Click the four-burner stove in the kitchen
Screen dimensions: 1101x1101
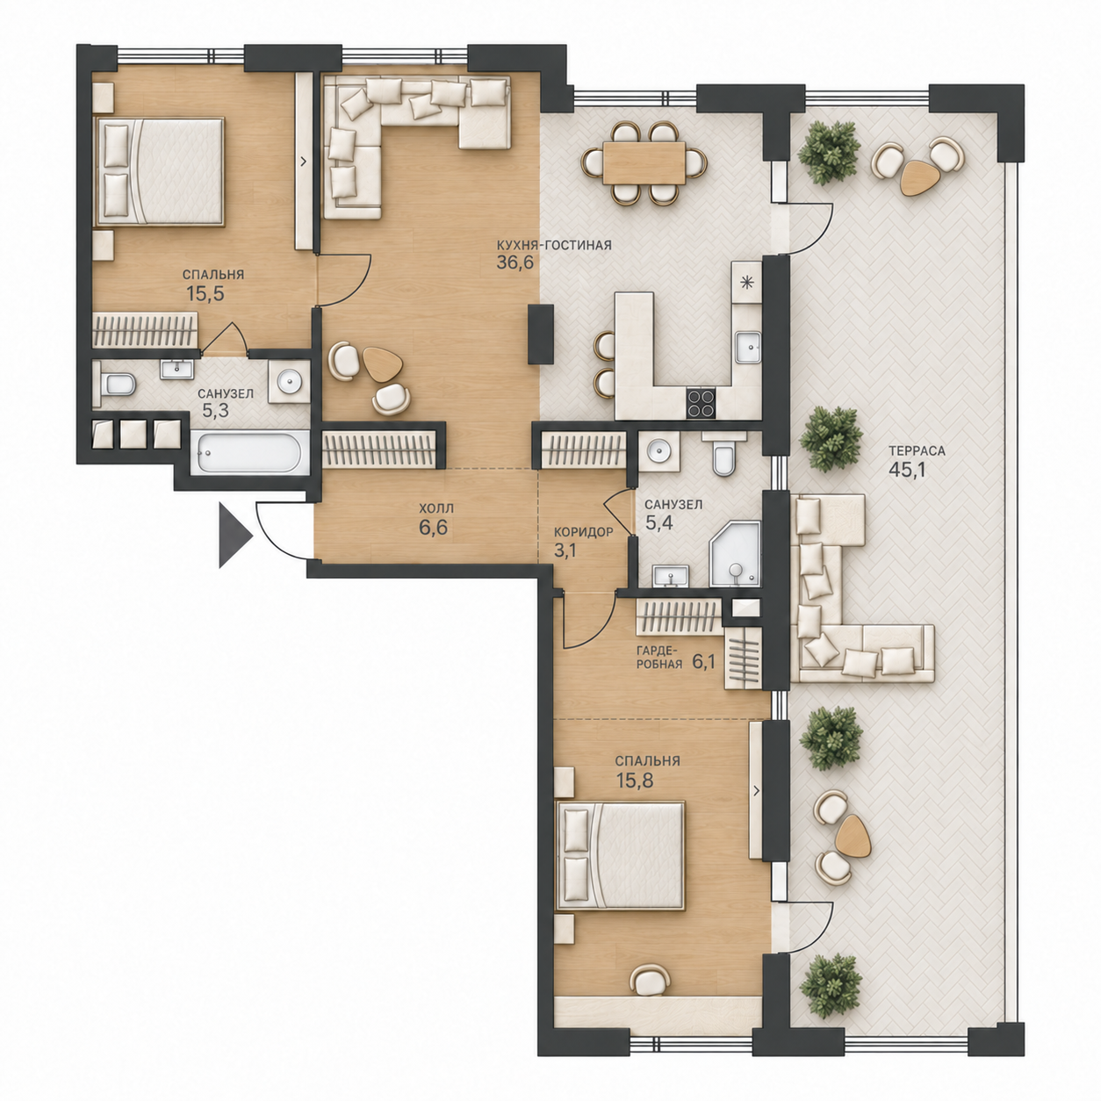click(x=701, y=403)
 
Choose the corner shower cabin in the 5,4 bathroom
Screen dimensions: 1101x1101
click(x=736, y=554)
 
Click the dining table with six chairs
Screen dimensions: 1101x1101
click(x=644, y=162)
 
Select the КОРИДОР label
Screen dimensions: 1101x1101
click(x=583, y=532)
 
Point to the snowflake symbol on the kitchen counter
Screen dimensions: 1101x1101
click(x=746, y=281)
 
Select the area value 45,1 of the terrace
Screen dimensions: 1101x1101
click(x=908, y=470)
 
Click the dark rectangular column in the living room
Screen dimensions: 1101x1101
click(x=541, y=335)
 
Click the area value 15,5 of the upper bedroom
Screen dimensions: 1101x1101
click(x=205, y=293)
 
